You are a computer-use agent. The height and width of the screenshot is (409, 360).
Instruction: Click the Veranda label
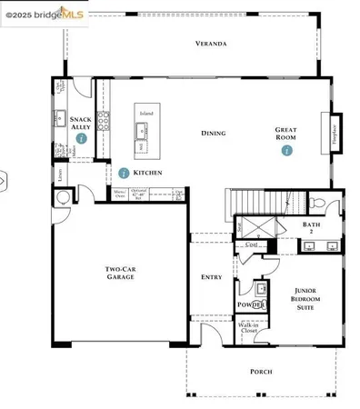pyautogui.click(x=210, y=44)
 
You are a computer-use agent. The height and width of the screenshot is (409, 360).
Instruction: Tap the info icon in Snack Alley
pyautogui.click(x=82, y=139)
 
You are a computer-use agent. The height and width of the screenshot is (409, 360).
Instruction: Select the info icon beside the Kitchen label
pyautogui.click(x=124, y=173)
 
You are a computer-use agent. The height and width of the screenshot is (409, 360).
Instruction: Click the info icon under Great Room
pyautogui.click(x=286, y=150)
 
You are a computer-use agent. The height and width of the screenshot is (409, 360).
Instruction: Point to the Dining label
pyautogui.click(x=213, y=134)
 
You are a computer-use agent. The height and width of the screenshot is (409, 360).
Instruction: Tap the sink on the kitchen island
pyautogui.click(x=144, y=134)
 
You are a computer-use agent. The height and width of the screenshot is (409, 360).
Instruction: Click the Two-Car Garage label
pyautogui.click(x=120, y=272)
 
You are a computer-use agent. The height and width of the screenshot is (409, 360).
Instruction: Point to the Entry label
pyautogui.click(x=212, y=277)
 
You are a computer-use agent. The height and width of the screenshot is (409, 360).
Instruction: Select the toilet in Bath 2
pyautogui.click(x=315, y=204)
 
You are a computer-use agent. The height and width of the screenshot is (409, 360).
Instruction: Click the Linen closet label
pyautogui.click(x=59, y=172)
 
